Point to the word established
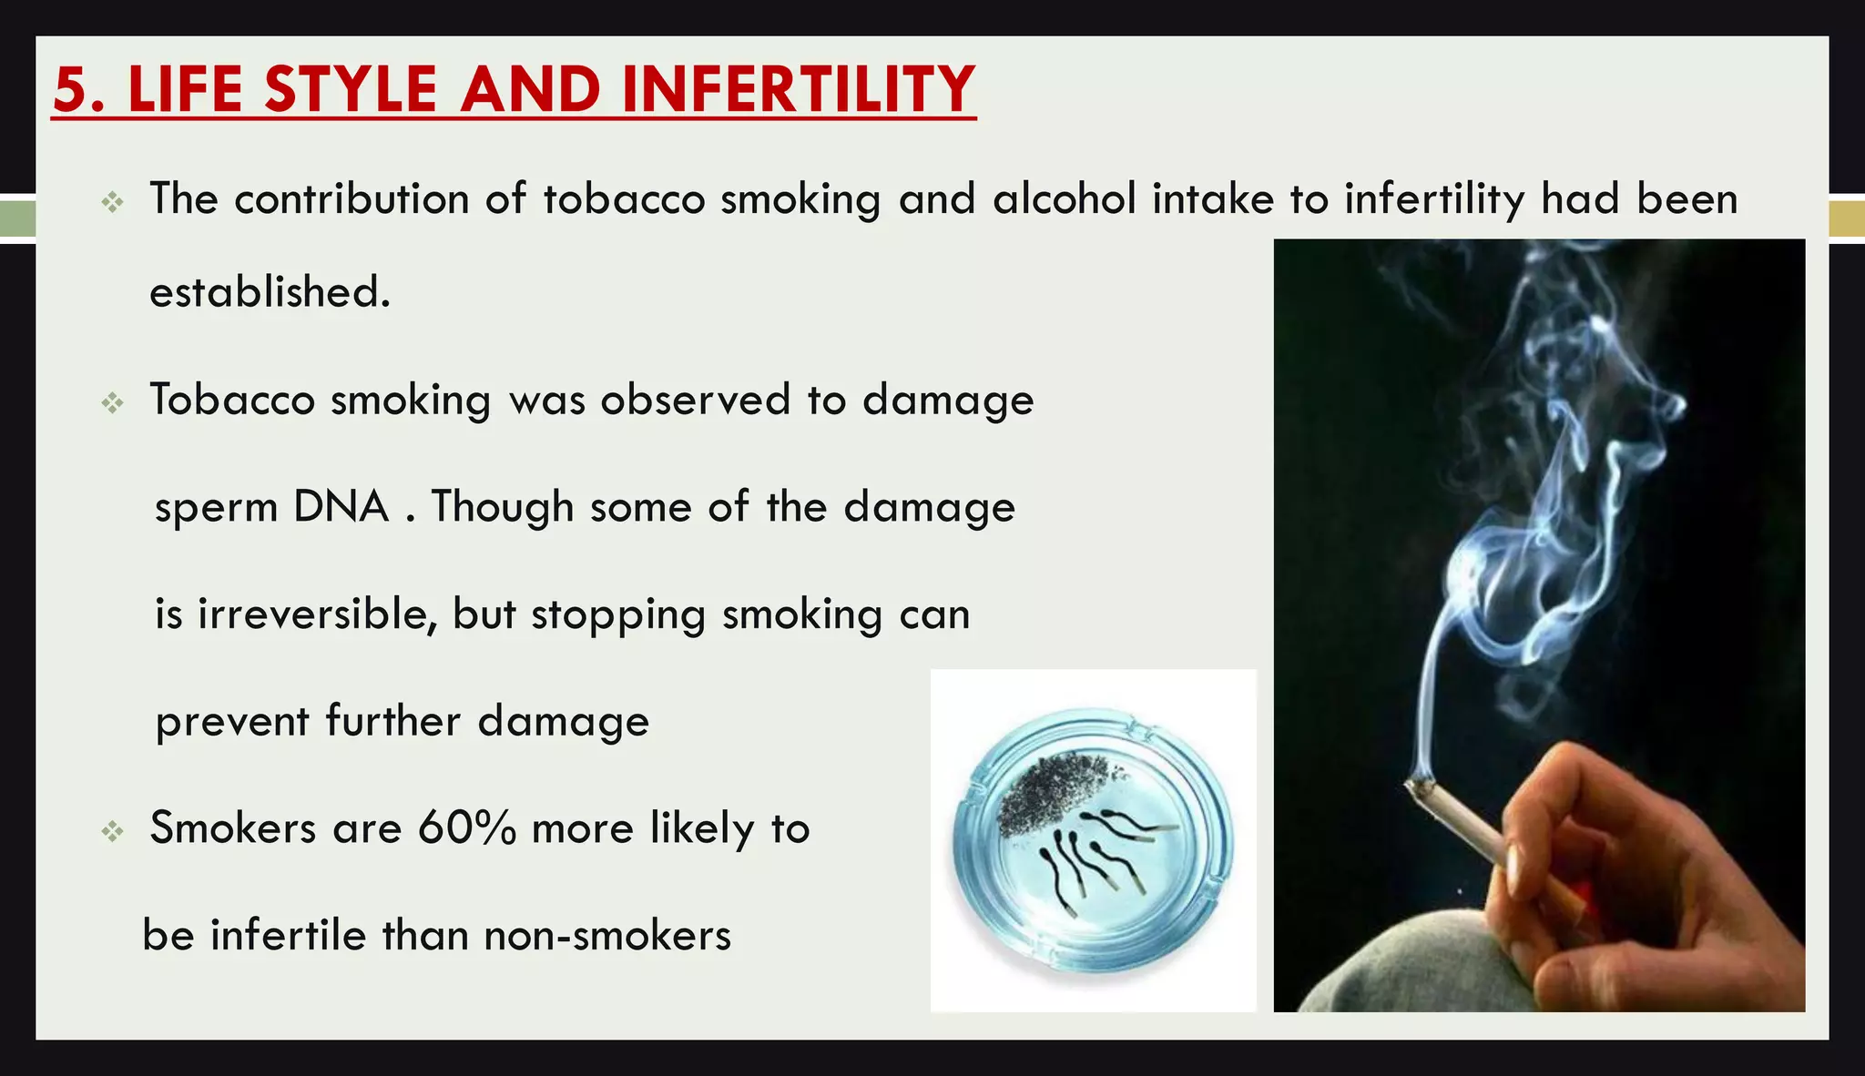click(270, 292)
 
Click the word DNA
click(341, 506)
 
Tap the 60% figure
click(467, 828)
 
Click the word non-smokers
click(607, 936)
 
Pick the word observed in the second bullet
click(695, 400)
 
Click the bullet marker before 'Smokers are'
click(112, 830)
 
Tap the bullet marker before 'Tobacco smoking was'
click(112, 401)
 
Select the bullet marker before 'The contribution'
click(112, 201)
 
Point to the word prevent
click(232, 722)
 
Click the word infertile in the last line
click(288, 936)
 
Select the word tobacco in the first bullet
click(624, 198)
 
